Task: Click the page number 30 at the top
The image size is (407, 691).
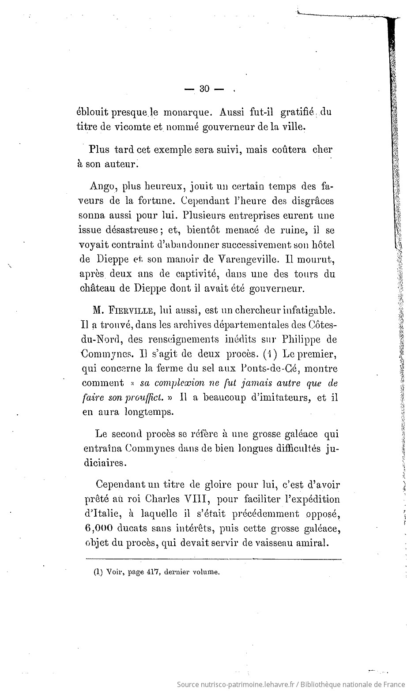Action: [x=204, y=89]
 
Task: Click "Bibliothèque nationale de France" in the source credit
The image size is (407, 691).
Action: [x=351, y=684]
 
